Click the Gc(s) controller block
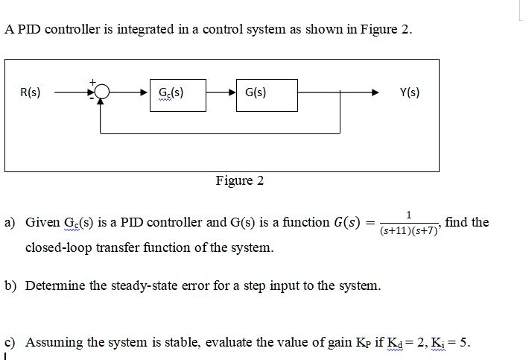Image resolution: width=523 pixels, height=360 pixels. click(176, 94)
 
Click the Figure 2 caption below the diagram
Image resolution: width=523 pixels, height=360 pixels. click(239, 180)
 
